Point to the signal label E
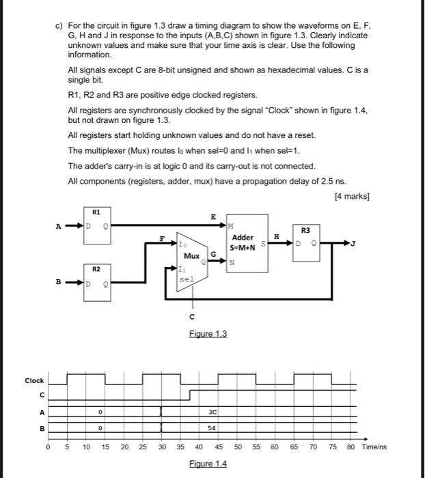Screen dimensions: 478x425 point(214,216)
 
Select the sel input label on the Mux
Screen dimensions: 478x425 point(186,279)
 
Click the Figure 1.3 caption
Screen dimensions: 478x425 point(208,334)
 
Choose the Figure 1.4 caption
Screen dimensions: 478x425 point(208,464)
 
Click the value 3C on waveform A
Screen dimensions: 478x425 point(212,412)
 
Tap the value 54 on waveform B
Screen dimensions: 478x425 point(212,427)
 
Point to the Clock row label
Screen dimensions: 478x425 point(34,380)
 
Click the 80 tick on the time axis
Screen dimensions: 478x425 point(351,447)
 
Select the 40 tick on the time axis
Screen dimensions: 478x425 point(199,447)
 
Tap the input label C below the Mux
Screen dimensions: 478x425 point(192,315)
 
